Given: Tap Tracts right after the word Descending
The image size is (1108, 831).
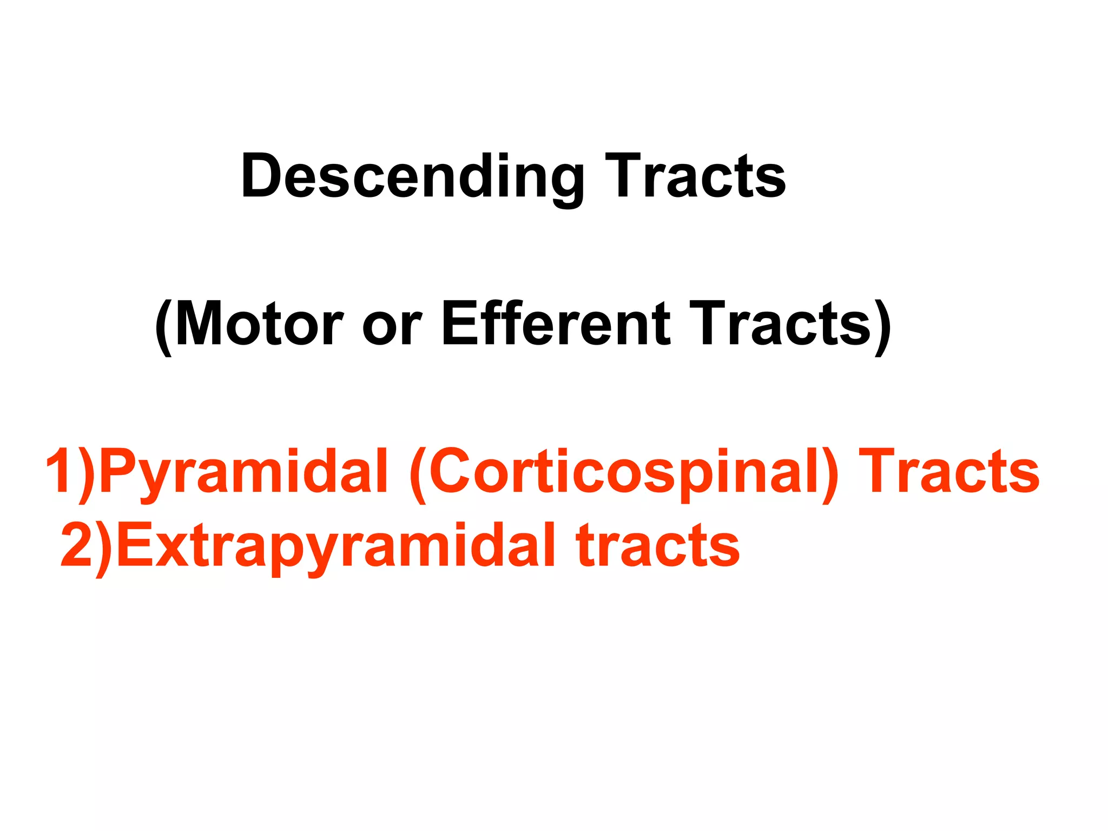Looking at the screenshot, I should pos(695,176).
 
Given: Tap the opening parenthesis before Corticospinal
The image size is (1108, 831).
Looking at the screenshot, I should pos(418,474).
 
